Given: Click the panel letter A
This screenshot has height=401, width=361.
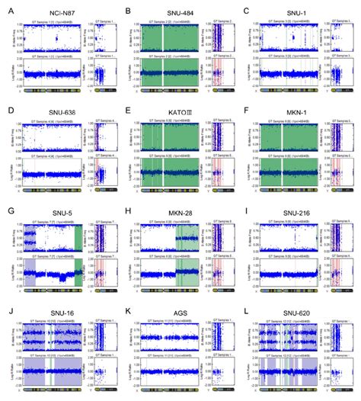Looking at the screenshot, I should click(x=8, y=10).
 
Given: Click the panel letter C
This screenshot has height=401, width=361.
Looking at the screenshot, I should click(x=247, y=10).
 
